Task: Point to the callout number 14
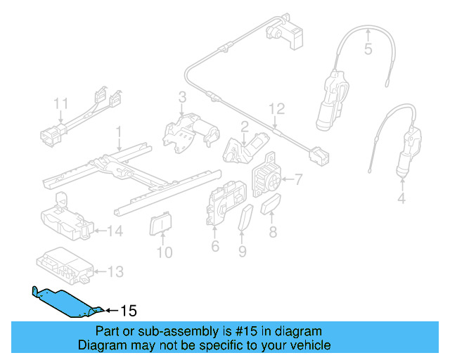115,230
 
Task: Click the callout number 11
61,105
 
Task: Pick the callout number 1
119,131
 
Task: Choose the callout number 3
181,96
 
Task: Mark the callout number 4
401,199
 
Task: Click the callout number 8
274,230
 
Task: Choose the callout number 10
164,251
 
